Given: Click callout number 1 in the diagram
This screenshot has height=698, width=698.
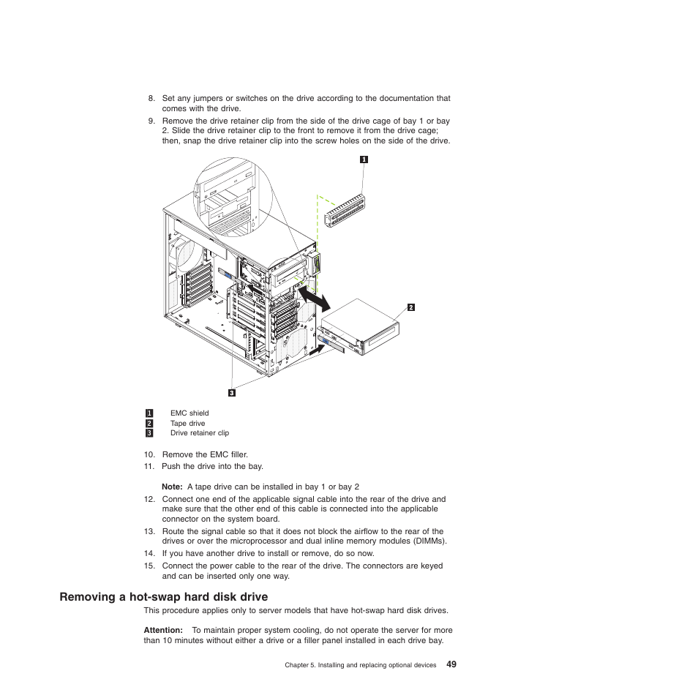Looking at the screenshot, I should point(364,160).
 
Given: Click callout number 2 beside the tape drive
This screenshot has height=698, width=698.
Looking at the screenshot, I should point(411,307).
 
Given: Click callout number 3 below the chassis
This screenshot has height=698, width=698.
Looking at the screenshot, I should point(232,393).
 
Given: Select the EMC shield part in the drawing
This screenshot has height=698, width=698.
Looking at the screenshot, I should point(346,212).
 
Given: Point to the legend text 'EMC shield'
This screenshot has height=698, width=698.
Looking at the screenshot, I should point(189,413).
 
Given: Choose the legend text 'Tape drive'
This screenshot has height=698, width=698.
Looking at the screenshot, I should point(187,424).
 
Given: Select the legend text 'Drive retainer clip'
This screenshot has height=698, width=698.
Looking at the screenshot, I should point(199,433).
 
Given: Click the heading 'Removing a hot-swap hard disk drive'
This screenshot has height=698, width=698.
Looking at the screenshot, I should point(164,597).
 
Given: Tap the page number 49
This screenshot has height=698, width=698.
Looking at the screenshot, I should point(451,664).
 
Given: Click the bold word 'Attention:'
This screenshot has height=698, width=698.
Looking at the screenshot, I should point(163,630).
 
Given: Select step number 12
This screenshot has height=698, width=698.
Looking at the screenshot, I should point(149,500).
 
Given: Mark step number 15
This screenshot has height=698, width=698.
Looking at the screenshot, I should point(149,566).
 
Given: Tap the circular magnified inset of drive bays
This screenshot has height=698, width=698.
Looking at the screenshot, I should point(232,198).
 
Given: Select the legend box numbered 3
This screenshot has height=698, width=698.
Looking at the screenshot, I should point(149,433).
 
